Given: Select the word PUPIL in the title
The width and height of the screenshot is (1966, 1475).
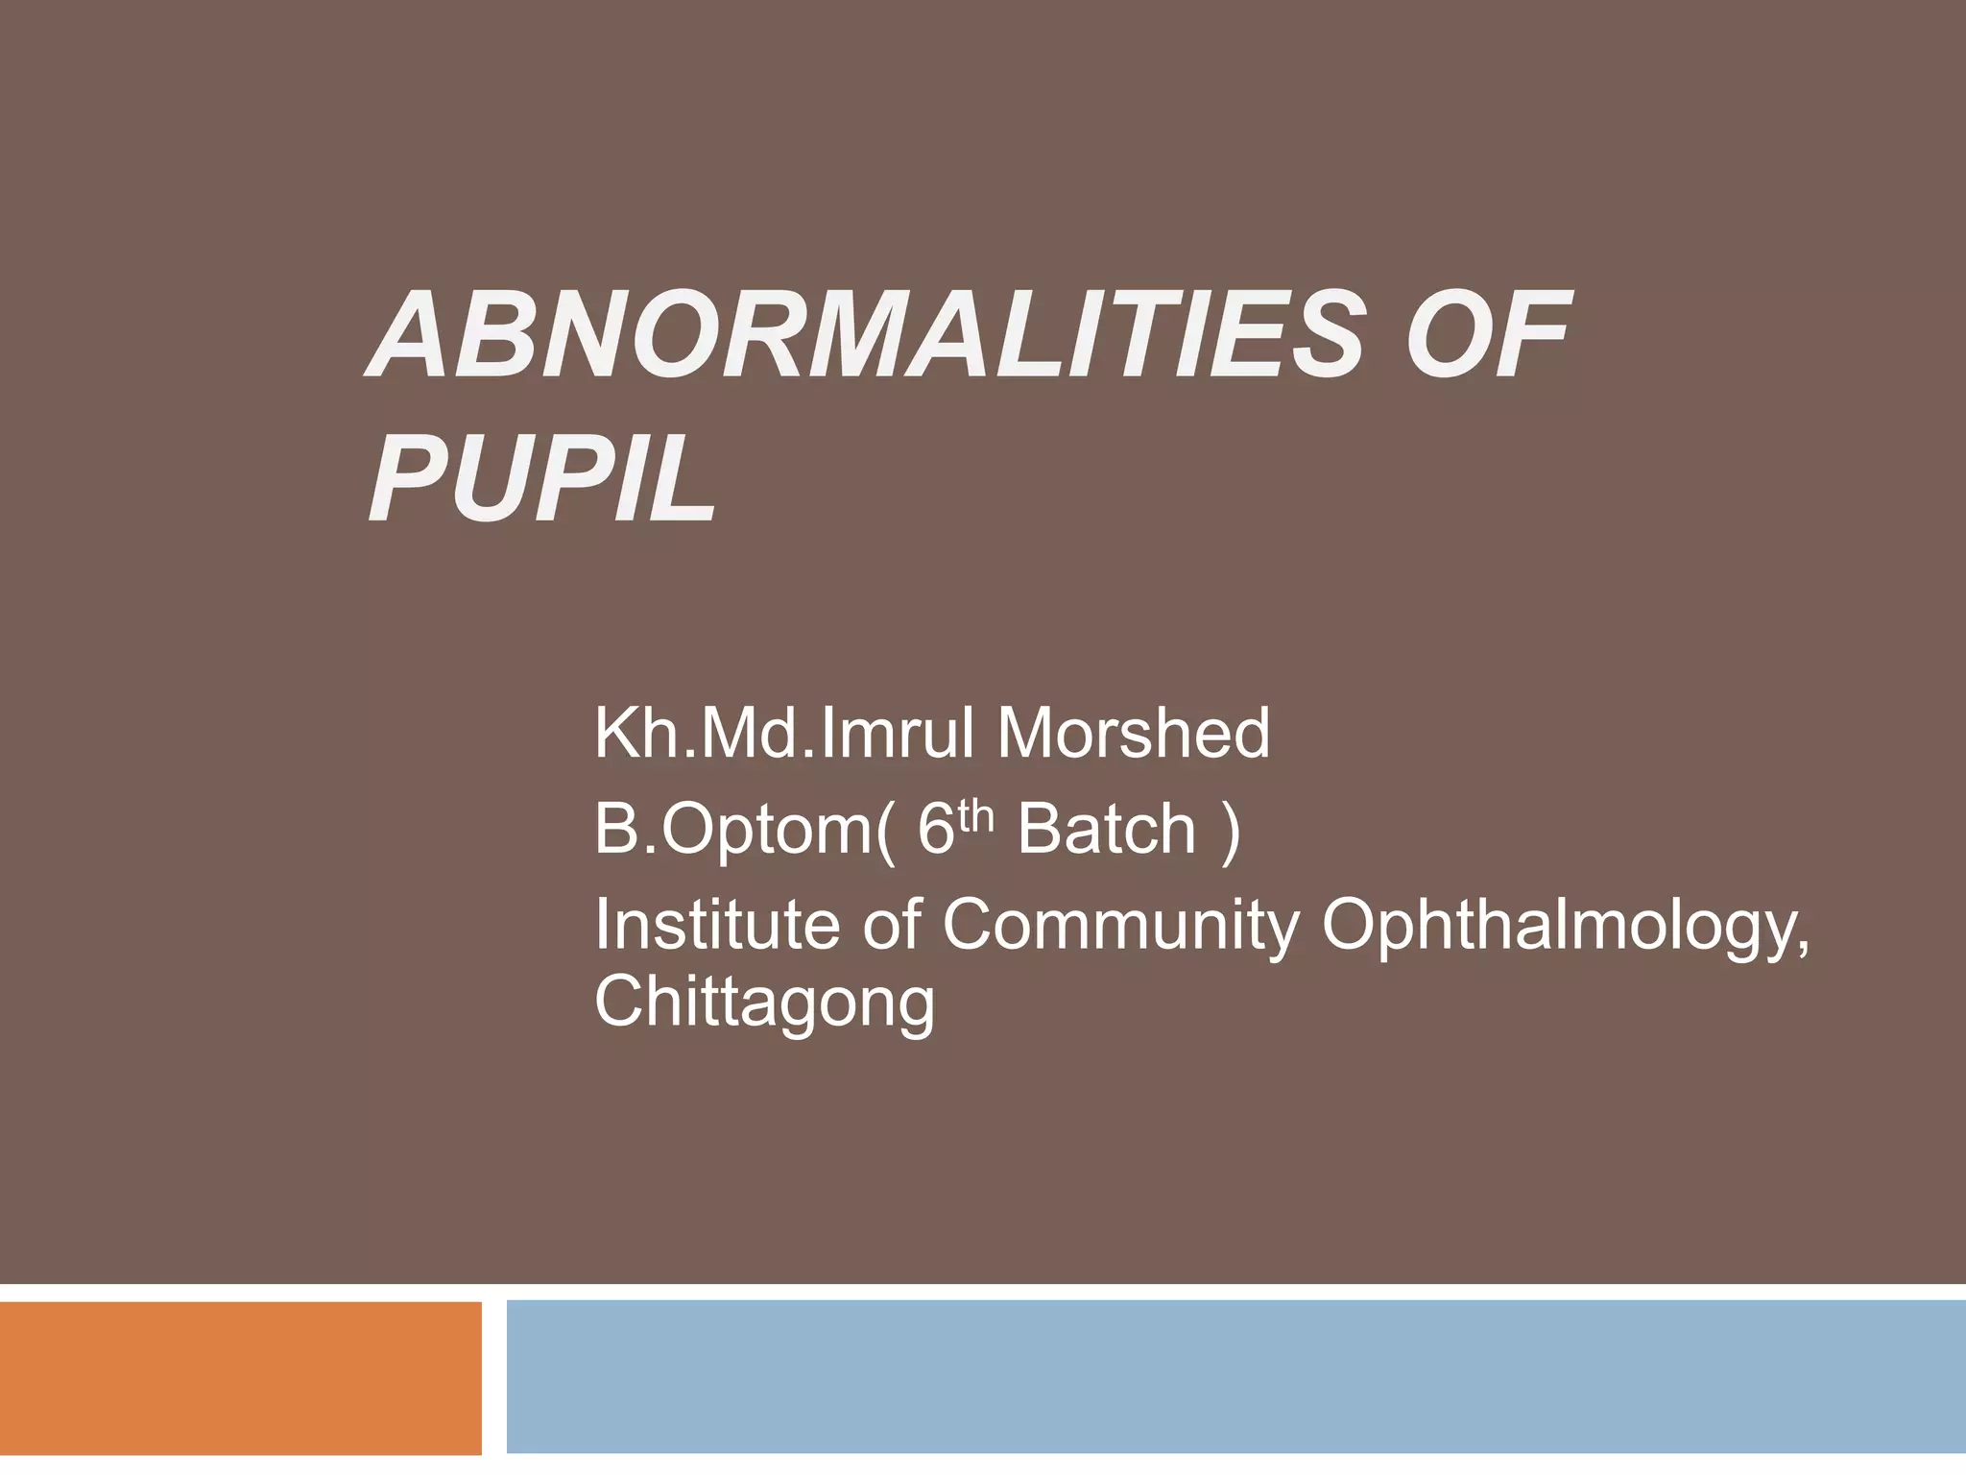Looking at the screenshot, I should (543, 478).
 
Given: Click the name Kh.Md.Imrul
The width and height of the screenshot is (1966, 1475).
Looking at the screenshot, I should (787, 734).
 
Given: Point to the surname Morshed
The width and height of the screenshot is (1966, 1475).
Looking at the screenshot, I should (1133, 734).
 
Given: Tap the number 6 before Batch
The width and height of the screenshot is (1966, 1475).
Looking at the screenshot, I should (933, 829).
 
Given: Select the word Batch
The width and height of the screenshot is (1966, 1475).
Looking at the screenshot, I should (1106, 829).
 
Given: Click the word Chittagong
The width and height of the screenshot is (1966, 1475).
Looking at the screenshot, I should (764, 1004).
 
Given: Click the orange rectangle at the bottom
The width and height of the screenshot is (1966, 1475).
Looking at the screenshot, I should (240, 1377).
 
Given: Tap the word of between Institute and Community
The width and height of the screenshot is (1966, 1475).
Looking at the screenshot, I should (893, 924).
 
